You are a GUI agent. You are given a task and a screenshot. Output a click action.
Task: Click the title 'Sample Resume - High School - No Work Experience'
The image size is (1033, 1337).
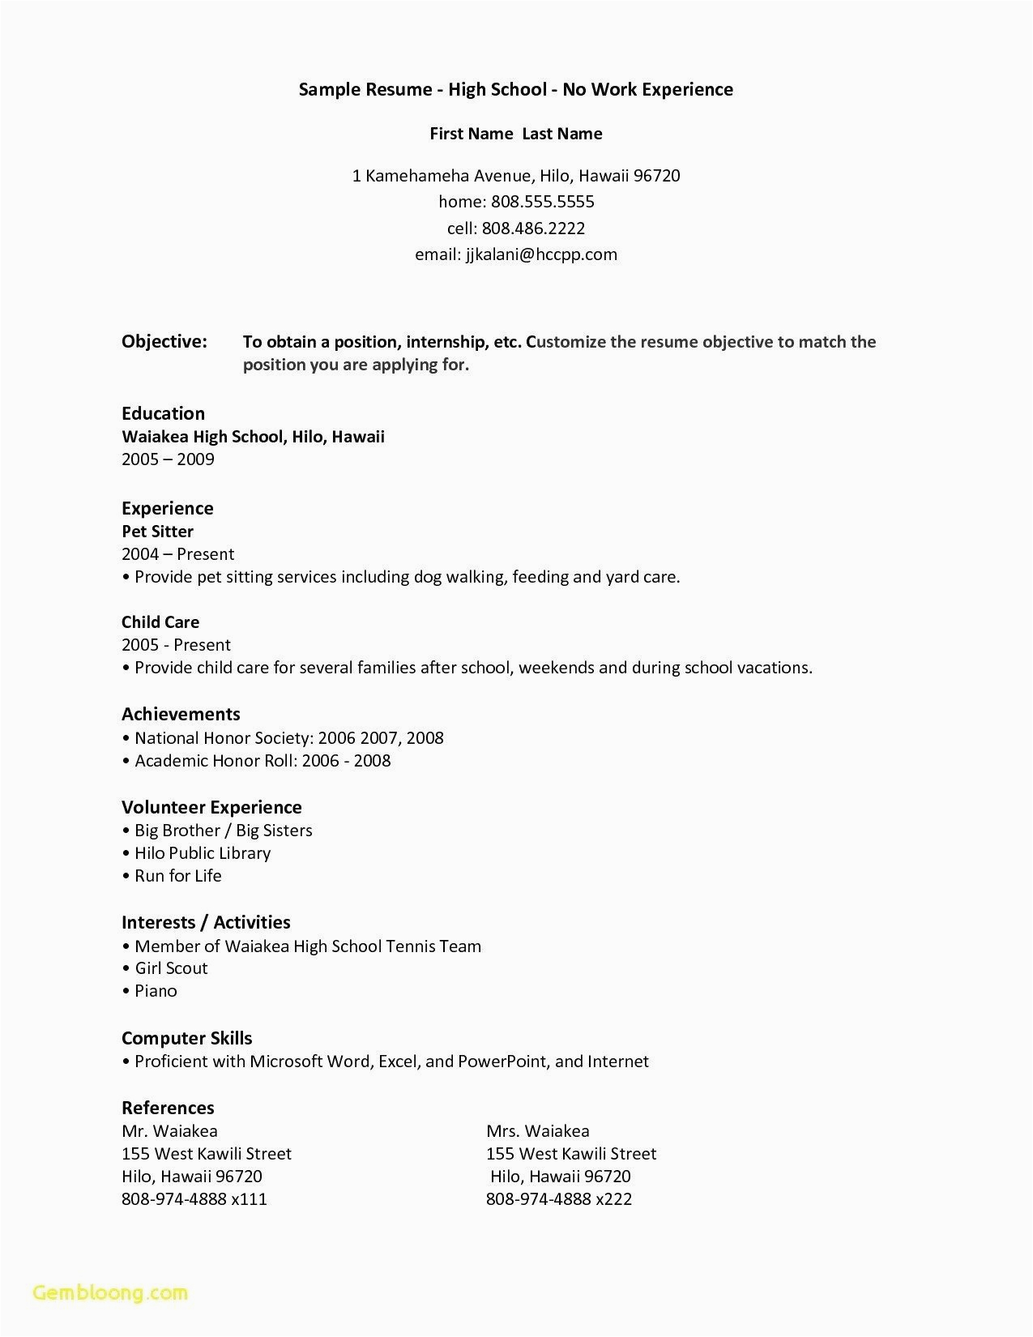tap(516, 90)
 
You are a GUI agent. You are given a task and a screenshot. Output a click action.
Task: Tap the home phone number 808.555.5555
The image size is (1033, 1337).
tap(542, 202)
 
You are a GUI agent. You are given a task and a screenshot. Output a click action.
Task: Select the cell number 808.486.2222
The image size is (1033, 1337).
tap(533, 228)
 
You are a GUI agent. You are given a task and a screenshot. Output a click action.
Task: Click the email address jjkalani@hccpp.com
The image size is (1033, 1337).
tap(540, 254)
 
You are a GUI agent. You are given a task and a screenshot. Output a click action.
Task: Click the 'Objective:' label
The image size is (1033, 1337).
tap(164, 342)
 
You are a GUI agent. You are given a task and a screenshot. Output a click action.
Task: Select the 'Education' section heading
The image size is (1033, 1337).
tap(163, 413)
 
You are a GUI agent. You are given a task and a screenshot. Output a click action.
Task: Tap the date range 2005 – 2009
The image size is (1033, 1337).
tap(168, 459)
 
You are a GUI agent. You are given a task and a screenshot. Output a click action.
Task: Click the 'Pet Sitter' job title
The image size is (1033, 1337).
tap(157, 532)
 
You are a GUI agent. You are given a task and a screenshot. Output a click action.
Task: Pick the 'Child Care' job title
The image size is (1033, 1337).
tap(160, 622)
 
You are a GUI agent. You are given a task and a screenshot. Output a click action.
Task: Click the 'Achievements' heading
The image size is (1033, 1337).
tap(181, 715)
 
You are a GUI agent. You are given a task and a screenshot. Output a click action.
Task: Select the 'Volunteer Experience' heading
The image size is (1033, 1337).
tap(211, 808)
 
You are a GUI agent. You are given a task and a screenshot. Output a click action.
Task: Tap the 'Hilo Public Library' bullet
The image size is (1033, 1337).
tap(203, 853)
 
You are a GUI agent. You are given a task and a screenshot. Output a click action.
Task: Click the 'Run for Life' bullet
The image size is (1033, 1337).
tap(177, 876)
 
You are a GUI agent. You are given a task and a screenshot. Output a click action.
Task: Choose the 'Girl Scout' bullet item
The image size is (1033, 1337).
tap(171, 968)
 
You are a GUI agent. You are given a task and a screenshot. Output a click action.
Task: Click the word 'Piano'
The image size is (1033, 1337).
tap(156, 991)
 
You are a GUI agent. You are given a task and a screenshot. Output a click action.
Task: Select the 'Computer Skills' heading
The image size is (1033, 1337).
tap(186, 1039)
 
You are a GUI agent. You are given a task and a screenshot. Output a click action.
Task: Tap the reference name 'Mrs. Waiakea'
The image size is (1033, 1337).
tap(538, 1131)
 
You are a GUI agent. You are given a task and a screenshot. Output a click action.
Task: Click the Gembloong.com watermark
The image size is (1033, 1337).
tap(111, 1292)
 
